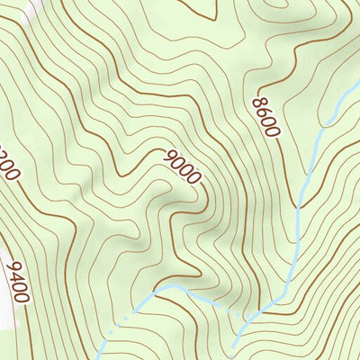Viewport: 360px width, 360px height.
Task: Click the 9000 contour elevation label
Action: [x=183, y=166]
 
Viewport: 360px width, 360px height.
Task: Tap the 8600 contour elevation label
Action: [x=267, y=114]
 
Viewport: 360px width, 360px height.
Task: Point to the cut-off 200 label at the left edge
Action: [x=9, y=166]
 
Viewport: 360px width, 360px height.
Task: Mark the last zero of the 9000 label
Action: [x=194, y=177]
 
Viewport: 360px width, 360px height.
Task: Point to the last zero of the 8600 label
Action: [x=273, y=130]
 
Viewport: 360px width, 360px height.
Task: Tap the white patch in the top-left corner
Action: [x=29, y=7]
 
